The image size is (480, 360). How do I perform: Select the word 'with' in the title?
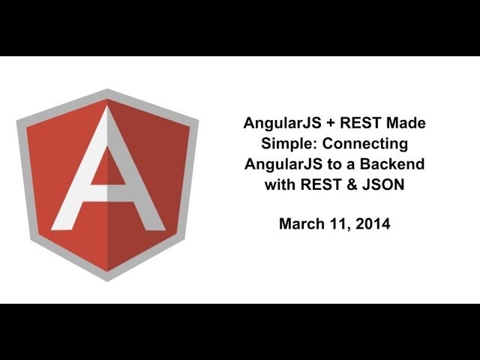point(280,184)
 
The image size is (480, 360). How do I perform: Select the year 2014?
point(373,223)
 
